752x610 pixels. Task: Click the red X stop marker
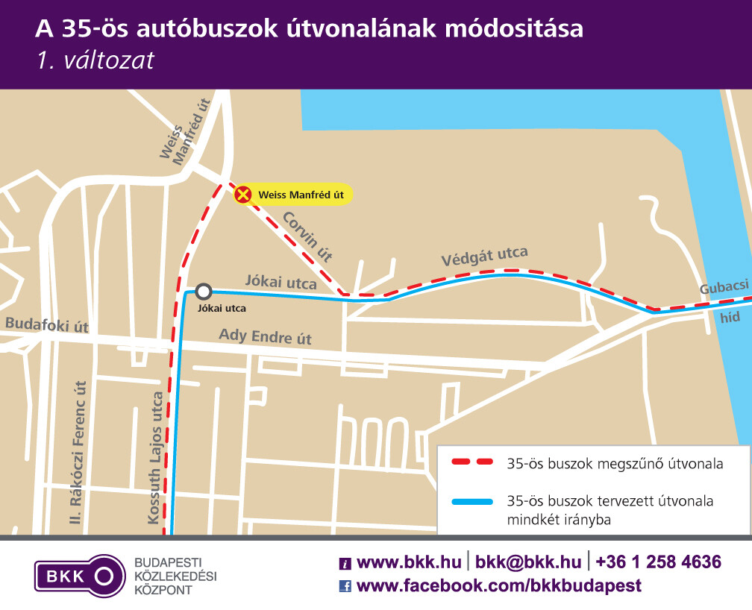pos(242,195)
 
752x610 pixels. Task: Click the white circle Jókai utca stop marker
pos(204,292)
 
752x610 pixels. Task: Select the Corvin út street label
pos(307,236)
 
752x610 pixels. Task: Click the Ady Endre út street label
pos(265,337)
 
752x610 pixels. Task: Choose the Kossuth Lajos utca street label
pos(157,457)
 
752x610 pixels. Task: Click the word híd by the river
pos(730,317)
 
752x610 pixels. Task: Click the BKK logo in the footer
pos(80,575)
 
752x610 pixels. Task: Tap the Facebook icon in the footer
pos(345,585)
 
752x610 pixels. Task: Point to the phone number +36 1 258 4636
pos(659,562)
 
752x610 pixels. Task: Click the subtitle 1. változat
pos(95,60)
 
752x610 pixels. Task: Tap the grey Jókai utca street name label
pos(281,282)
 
